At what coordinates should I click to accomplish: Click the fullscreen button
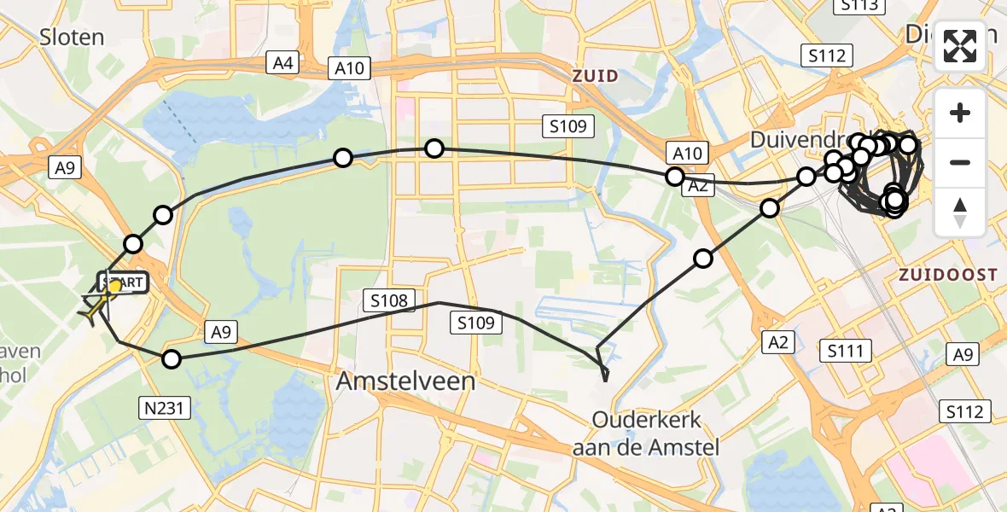click(x=960, y=46)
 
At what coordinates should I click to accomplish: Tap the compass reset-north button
click(x=960, y=212)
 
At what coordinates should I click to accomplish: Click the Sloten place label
click(x=72, y=37)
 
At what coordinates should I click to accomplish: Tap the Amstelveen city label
click(x=405, y=381)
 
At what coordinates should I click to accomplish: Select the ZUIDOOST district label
click(x=946, y=275)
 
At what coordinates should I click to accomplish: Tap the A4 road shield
click(x=283, y=62)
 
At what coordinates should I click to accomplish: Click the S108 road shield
click(x=389, y=300)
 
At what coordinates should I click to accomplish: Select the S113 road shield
click(x=857, y=5)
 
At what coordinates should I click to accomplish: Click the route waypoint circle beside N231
click(x=172, y=359)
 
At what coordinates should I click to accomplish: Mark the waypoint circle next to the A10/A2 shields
click(x=675, y=177)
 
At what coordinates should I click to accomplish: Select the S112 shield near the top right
click(x=828, y=55)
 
